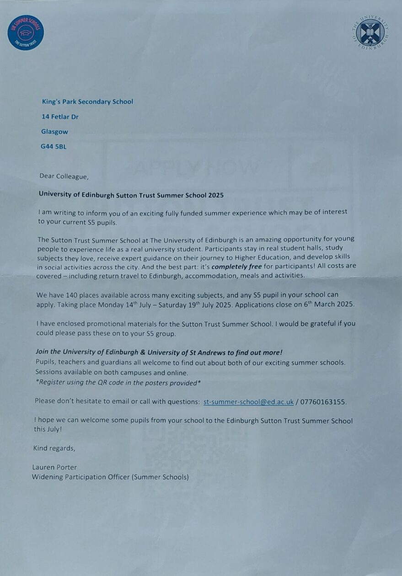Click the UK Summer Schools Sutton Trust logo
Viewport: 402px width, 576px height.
coord(26,32)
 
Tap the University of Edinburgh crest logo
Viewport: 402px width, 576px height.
coord(370,32)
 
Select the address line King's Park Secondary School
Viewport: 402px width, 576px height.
coord(87,101)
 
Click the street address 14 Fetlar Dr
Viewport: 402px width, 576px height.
coord(60,117)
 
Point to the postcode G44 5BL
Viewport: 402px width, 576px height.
coord(54,147)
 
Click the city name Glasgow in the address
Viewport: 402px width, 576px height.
coord(55,132)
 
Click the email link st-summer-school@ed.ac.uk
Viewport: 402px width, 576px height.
coord(248,402)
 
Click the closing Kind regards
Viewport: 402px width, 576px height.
coord(54,448)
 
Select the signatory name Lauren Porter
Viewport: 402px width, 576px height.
coord(54,467)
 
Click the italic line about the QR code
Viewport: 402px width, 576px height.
coord(118,382)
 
